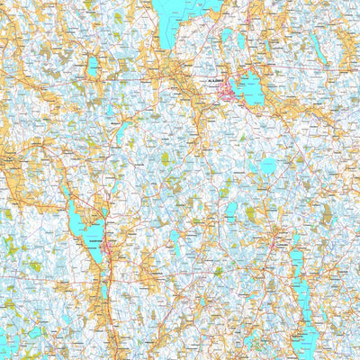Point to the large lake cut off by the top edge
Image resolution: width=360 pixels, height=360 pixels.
tap(171, 22)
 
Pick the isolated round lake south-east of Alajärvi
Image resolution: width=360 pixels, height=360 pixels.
tap(268, 166)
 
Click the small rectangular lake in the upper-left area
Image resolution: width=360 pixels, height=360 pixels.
tap(93, 66)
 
